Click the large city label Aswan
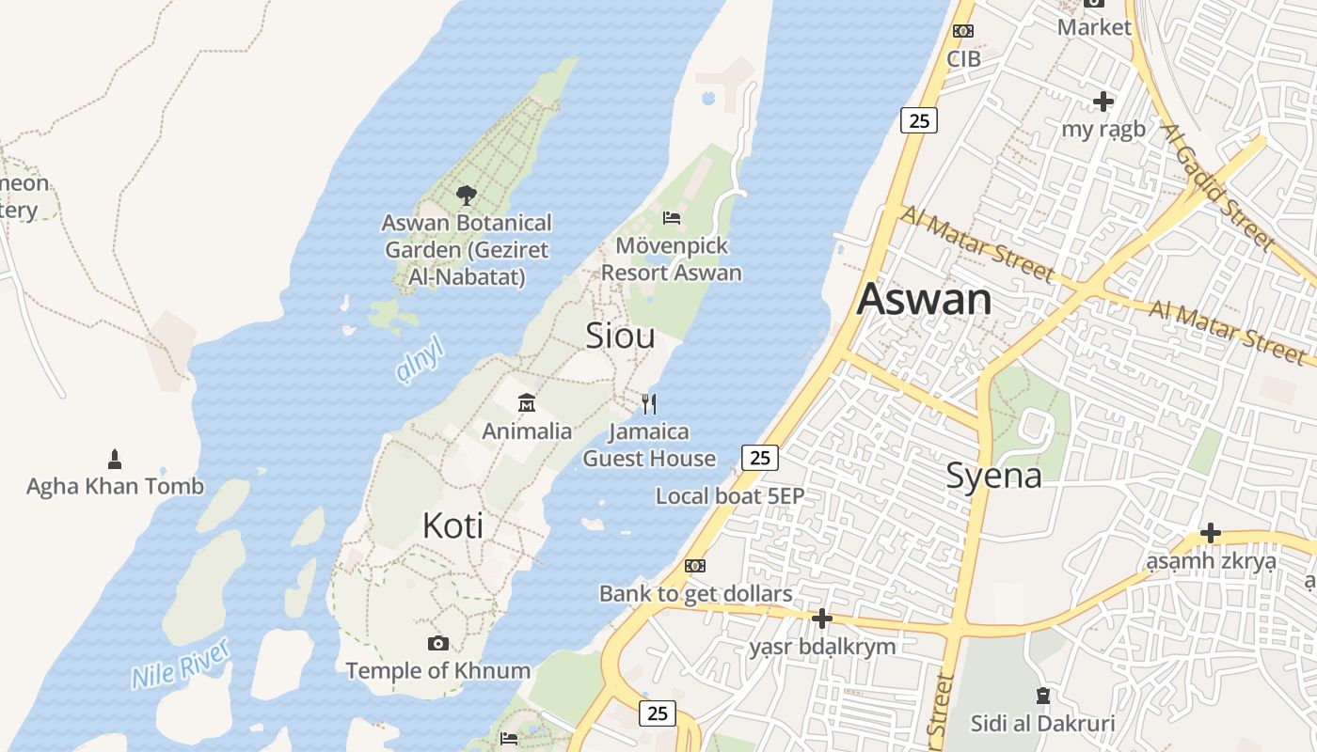[924, 300]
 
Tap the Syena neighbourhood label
[993, 476]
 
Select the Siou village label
[620, 336]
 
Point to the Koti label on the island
[452, 525]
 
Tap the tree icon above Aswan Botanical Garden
[466, 196]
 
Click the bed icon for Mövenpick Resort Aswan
[672, 218]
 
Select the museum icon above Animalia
[527, 403]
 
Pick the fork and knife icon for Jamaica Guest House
[648, 404]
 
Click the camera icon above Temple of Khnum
[437, 643]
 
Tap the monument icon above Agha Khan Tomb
[115, 460]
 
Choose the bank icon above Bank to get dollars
[695, 566]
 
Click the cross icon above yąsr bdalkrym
[822, 619]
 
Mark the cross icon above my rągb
[1103, 101]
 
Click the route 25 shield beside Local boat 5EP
[760, 458]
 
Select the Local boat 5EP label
[730, 495]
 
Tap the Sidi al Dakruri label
[1042, 723]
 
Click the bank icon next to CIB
[962, 31]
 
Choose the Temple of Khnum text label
[437, 671]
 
